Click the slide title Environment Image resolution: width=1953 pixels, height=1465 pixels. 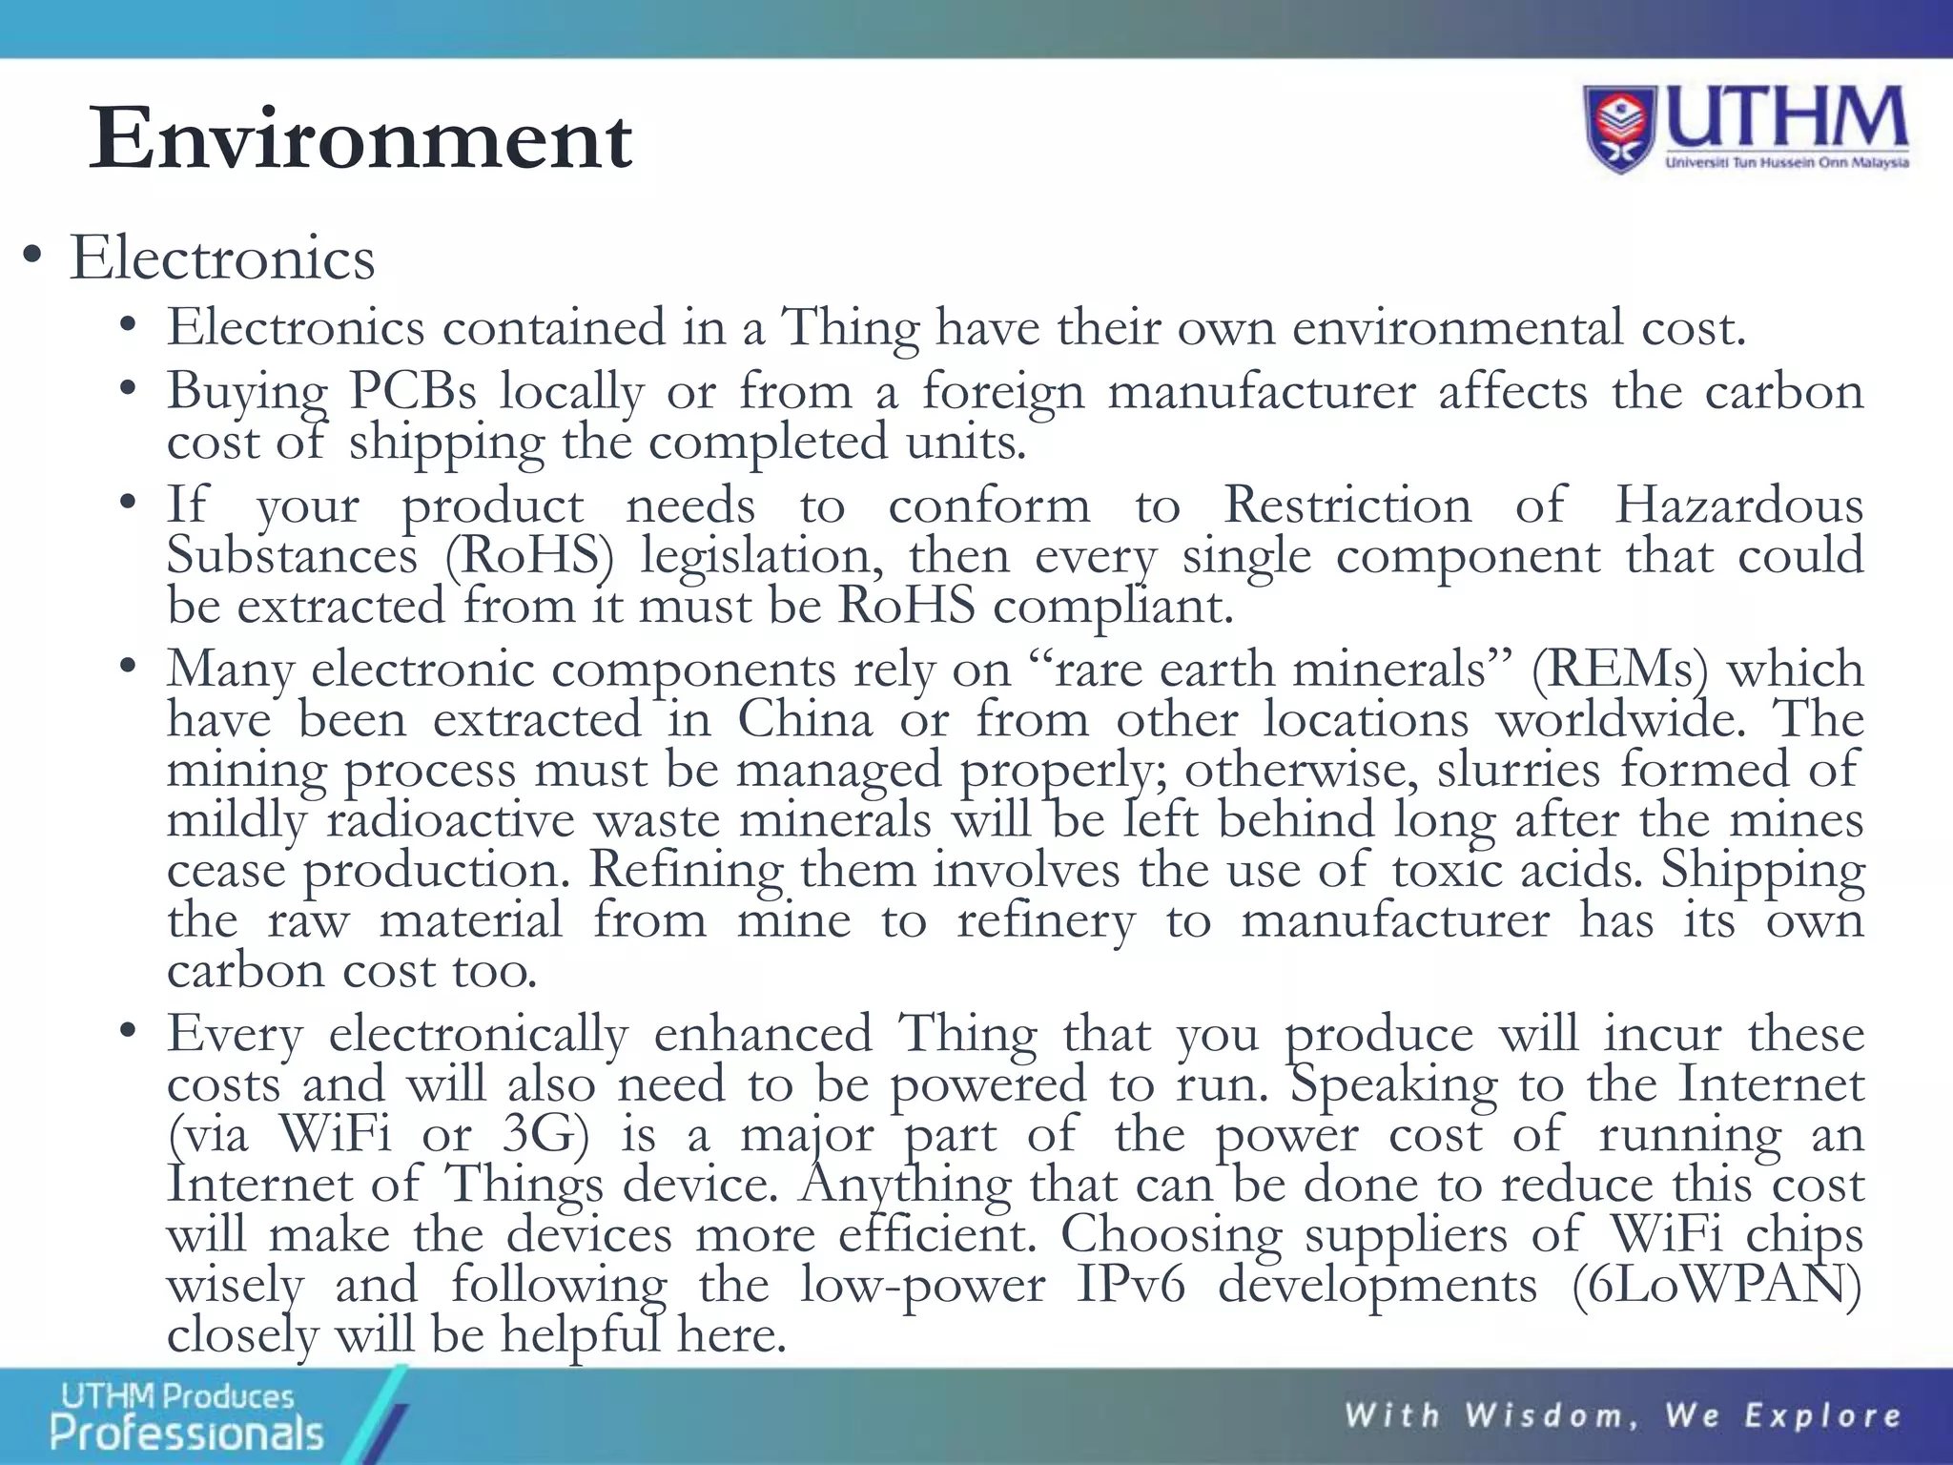tap(360, 139)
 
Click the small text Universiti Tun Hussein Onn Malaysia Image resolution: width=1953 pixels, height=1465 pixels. tap(1786, 163)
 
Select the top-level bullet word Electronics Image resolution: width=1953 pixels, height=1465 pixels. tap(222, 258)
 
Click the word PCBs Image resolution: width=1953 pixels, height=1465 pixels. tap(412, 392)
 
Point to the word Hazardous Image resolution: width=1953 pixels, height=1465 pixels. tap(1738, 505)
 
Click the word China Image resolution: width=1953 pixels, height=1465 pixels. tap(805, 719)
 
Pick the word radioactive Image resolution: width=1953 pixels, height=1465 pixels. tap(451, 820)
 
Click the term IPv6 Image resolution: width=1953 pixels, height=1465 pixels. tap(1130, 1285)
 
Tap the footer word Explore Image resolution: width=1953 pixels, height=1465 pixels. tap(1822, 1416)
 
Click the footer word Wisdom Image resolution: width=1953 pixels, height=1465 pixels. tap(1550, 1416)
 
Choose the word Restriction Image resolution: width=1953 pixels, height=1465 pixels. tap(1347, 505)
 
